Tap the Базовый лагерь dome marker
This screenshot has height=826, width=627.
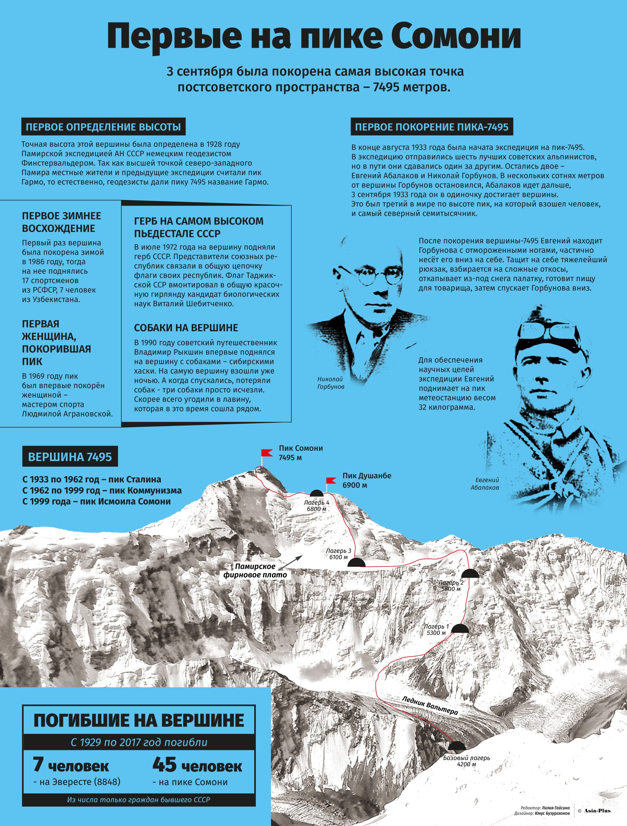456,755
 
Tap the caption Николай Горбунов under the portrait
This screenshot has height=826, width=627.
331,383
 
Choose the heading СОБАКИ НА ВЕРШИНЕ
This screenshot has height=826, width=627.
186,328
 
